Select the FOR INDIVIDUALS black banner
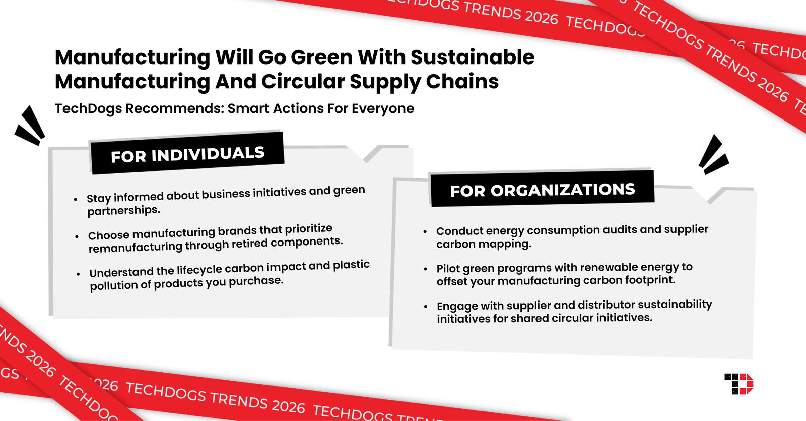187,154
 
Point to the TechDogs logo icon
738,384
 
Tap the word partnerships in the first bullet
123,210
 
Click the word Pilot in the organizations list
448,268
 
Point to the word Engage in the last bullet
456,306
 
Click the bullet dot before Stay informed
76,200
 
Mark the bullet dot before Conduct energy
425,231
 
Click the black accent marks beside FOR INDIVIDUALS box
30,126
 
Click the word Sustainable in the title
472,57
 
